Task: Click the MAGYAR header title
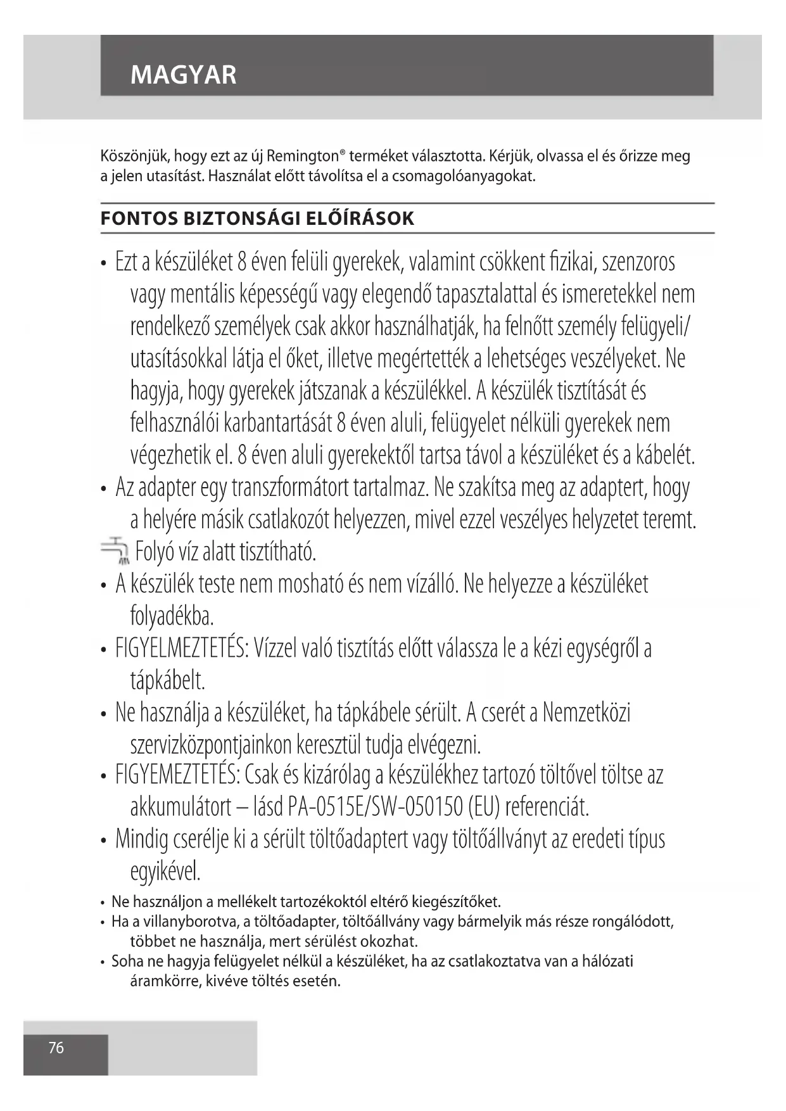click(183, 75)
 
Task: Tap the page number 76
click(56, 1048)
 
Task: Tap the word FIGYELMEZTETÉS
click(182, 649)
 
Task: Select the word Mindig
click(141, 839)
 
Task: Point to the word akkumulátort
click(181, 807)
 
